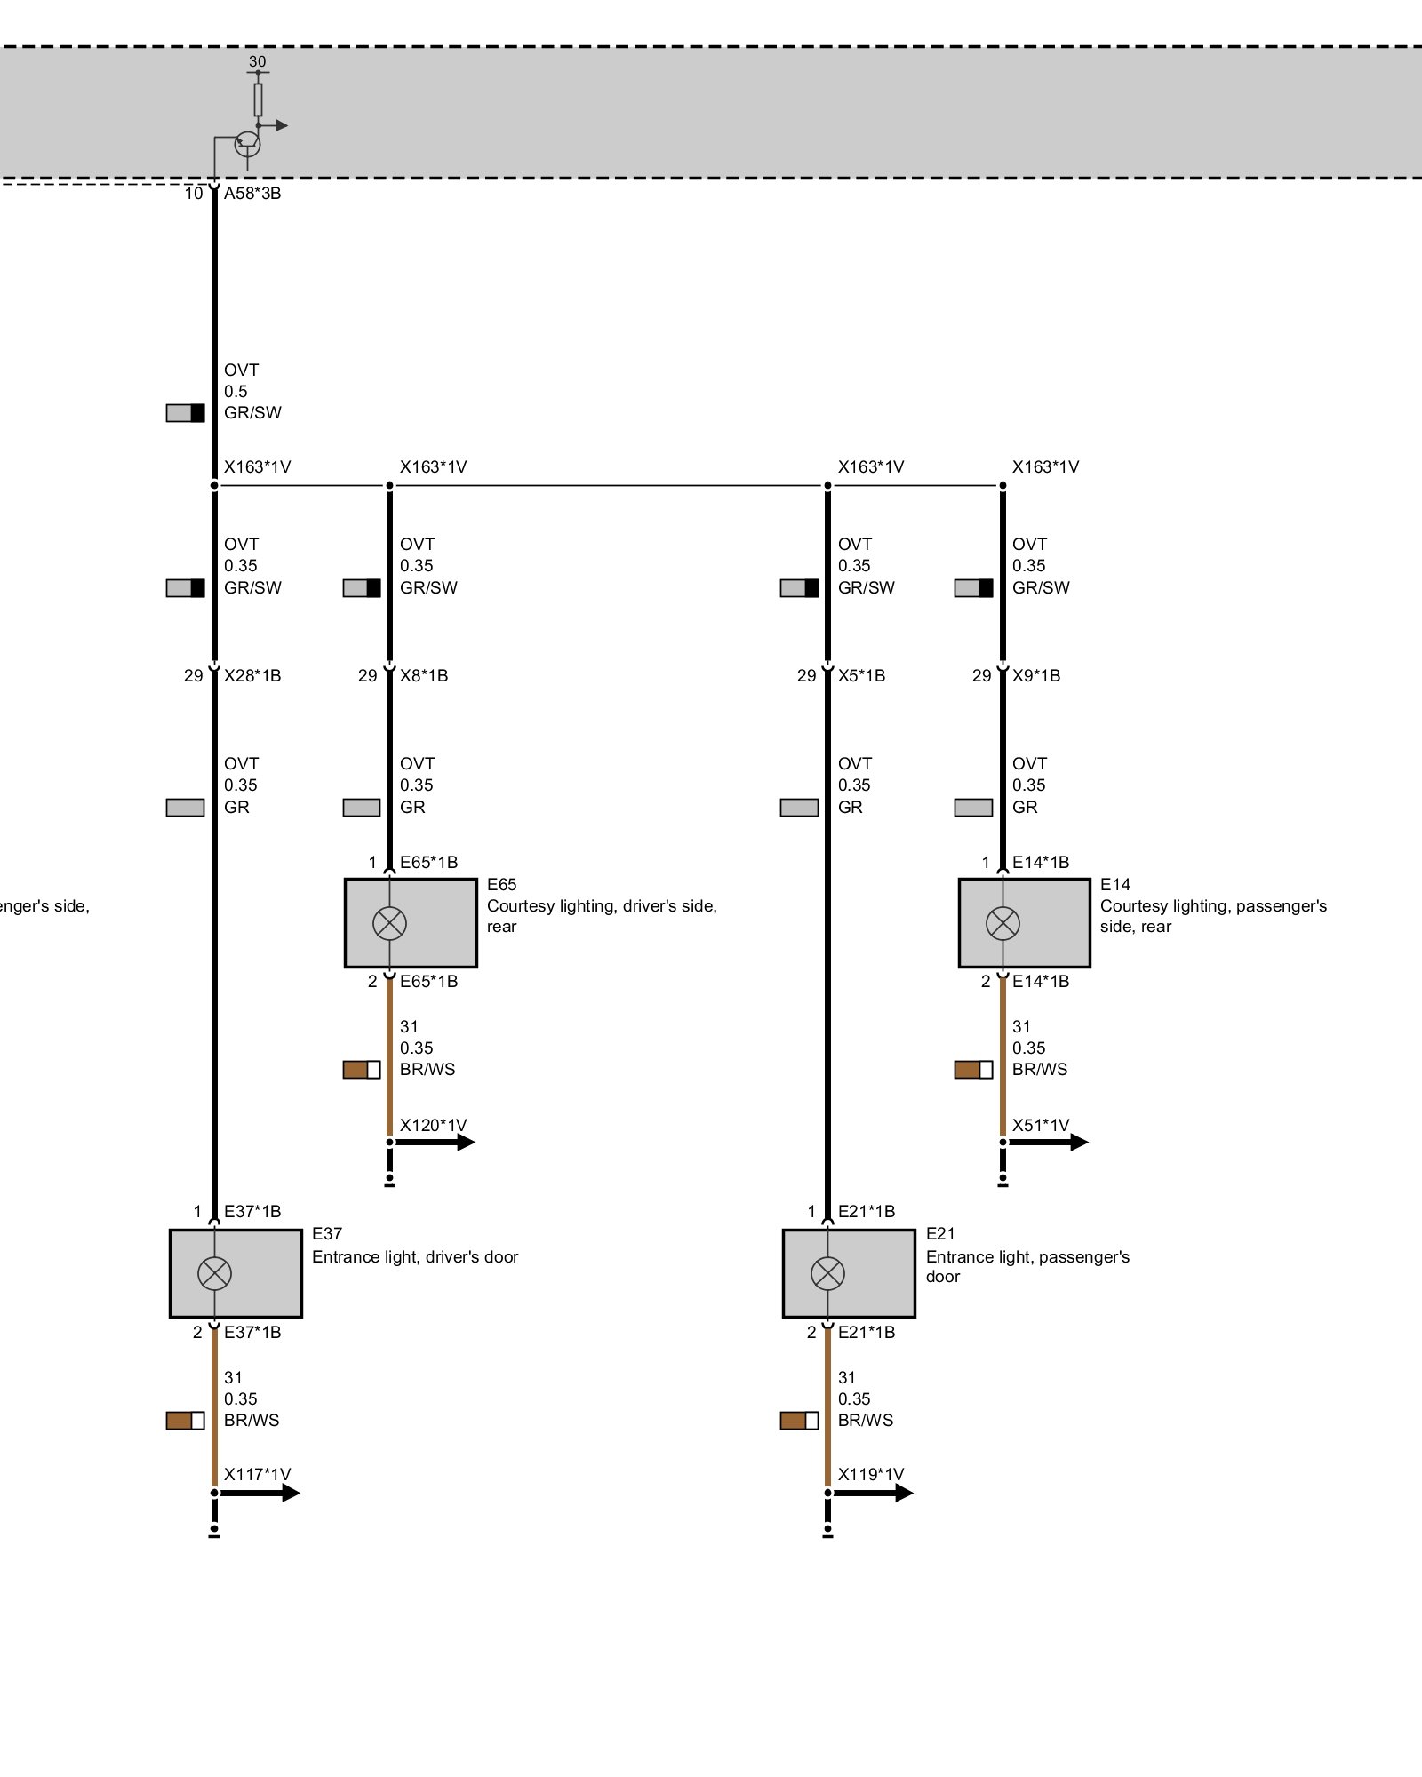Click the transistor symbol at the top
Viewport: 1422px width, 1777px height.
click(x=248, y=145)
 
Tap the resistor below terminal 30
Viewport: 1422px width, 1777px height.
click(x=258, y=100)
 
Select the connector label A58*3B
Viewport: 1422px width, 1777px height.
click(x=252, y=193)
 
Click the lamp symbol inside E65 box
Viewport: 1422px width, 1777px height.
click(x=389, y=923)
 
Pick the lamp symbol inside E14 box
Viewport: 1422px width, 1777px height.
click(x=1003, y=923)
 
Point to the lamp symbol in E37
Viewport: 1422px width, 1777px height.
click(x=214, y=1273)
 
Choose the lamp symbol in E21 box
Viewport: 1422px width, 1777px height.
click(x=827, y=1273)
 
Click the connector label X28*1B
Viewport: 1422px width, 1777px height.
click(x=252, y=675)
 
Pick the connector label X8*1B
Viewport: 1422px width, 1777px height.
click(x=424, y=675)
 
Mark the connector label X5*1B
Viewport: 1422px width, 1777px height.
click(x=861, y=675)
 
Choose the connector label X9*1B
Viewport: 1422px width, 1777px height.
click(x=1036, y=675)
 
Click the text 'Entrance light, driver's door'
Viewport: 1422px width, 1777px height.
click(x=415, y=1256)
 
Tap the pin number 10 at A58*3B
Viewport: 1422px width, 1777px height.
click(x=194, y=193)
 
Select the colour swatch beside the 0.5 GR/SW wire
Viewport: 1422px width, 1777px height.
click(x=185, y=412)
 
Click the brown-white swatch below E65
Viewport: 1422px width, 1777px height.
click(x=362, y=1070)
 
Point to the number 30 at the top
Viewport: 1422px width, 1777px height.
click(x=257, y=61)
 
